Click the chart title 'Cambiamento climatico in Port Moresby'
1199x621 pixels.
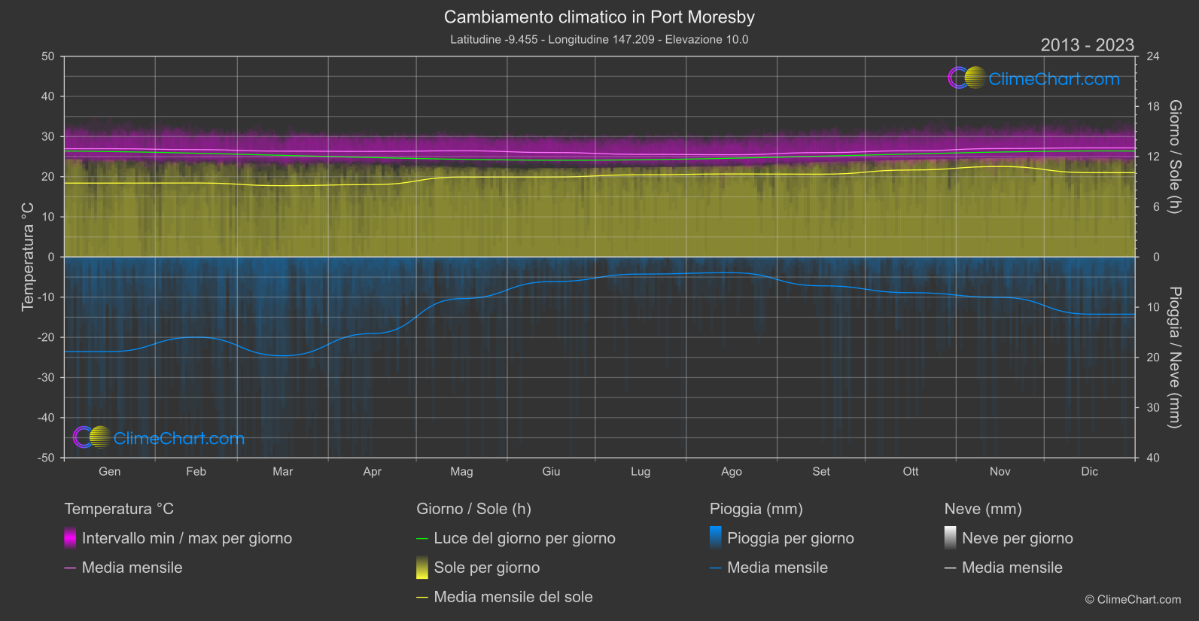click(599, 17)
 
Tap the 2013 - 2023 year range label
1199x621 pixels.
click(1087, 45)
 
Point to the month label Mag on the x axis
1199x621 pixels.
click(461, 472)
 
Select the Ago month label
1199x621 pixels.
click(731, 472)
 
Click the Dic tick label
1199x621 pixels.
click(1089, 472)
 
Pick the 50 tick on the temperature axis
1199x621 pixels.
click(48, 56)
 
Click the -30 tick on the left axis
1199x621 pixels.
click(45, 378)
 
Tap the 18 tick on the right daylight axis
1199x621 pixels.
click(1153, 107)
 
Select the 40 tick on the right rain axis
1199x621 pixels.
click(1153, 458)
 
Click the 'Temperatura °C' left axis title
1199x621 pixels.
click(28, 257)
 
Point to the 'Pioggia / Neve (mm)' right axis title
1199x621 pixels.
click(1175, 358)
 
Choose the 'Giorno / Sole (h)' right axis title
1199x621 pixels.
click(1175, 157)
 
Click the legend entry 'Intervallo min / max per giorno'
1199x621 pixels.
click(187, 538)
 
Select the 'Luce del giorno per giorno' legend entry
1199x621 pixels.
click(524, 538)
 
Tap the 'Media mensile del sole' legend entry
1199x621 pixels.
click(513, 597)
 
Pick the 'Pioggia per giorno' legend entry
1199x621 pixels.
click(790, 538)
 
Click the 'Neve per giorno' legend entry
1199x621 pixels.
click(1017, 538)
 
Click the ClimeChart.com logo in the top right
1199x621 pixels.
click(1034, 78)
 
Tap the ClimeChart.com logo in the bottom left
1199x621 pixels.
click(159, 438)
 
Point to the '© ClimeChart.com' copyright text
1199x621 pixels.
click(1133, 600)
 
